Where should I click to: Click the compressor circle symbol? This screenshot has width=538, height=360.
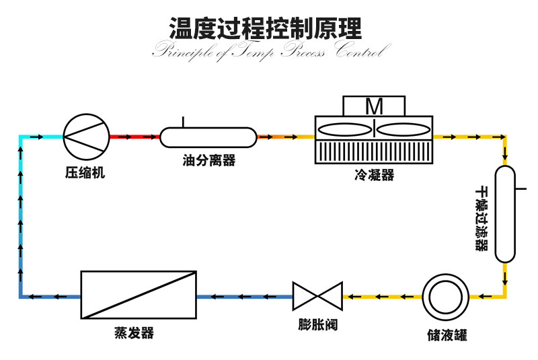pyautogui.click(x=85, y=137)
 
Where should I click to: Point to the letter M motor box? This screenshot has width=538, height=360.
pyautogui.click(x=374, y=106)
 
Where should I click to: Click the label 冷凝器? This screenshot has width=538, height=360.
pyautogui.click(x=374, y=176)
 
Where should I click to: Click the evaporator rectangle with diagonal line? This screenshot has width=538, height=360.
pyautogui.click(x=137, y=295)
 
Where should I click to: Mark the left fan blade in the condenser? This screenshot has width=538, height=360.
pyautogui.click(x=344, y=129)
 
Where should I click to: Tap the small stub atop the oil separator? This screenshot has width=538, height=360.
pyautogui.click(x=182, y=122)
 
